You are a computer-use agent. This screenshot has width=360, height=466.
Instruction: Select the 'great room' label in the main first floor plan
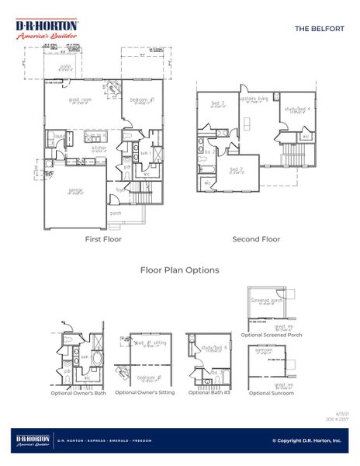(x=81, y=99)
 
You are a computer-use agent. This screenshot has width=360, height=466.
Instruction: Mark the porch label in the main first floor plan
(x=115, y=213)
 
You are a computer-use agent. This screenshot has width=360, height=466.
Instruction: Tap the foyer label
(x=121, y=189)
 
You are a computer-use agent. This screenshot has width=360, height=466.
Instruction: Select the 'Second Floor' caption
(x=257, y=239)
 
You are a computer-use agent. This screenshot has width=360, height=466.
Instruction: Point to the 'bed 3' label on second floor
(x=218, y=103)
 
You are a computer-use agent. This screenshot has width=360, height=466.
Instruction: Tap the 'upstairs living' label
(x=252, y=99)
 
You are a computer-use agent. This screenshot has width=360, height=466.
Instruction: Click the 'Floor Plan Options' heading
(x=179, y=270)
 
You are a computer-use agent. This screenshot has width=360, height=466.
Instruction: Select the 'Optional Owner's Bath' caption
(x=82, y=393)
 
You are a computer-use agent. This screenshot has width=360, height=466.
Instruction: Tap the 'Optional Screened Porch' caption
(x=271, y=335)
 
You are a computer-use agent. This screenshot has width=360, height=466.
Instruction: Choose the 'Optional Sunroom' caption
(x=272, y=393)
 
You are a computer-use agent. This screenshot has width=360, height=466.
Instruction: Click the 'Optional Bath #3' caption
(x=208, y=393)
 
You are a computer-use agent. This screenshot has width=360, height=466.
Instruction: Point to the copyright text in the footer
(x=306, y=440)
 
